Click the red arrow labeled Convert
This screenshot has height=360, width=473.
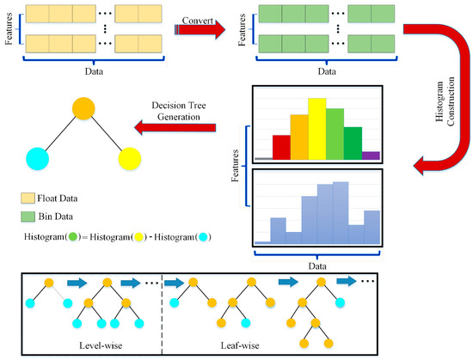click(x=200, y=30)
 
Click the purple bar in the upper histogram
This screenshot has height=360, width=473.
click(x=371, y=156)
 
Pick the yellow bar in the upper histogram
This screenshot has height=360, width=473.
click(x=316, y=129)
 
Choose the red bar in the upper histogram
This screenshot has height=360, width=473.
click(x=281, y=147)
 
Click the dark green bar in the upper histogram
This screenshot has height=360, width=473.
click(x=353, y=143)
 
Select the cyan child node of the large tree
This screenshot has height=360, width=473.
click(x=36, y=158)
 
